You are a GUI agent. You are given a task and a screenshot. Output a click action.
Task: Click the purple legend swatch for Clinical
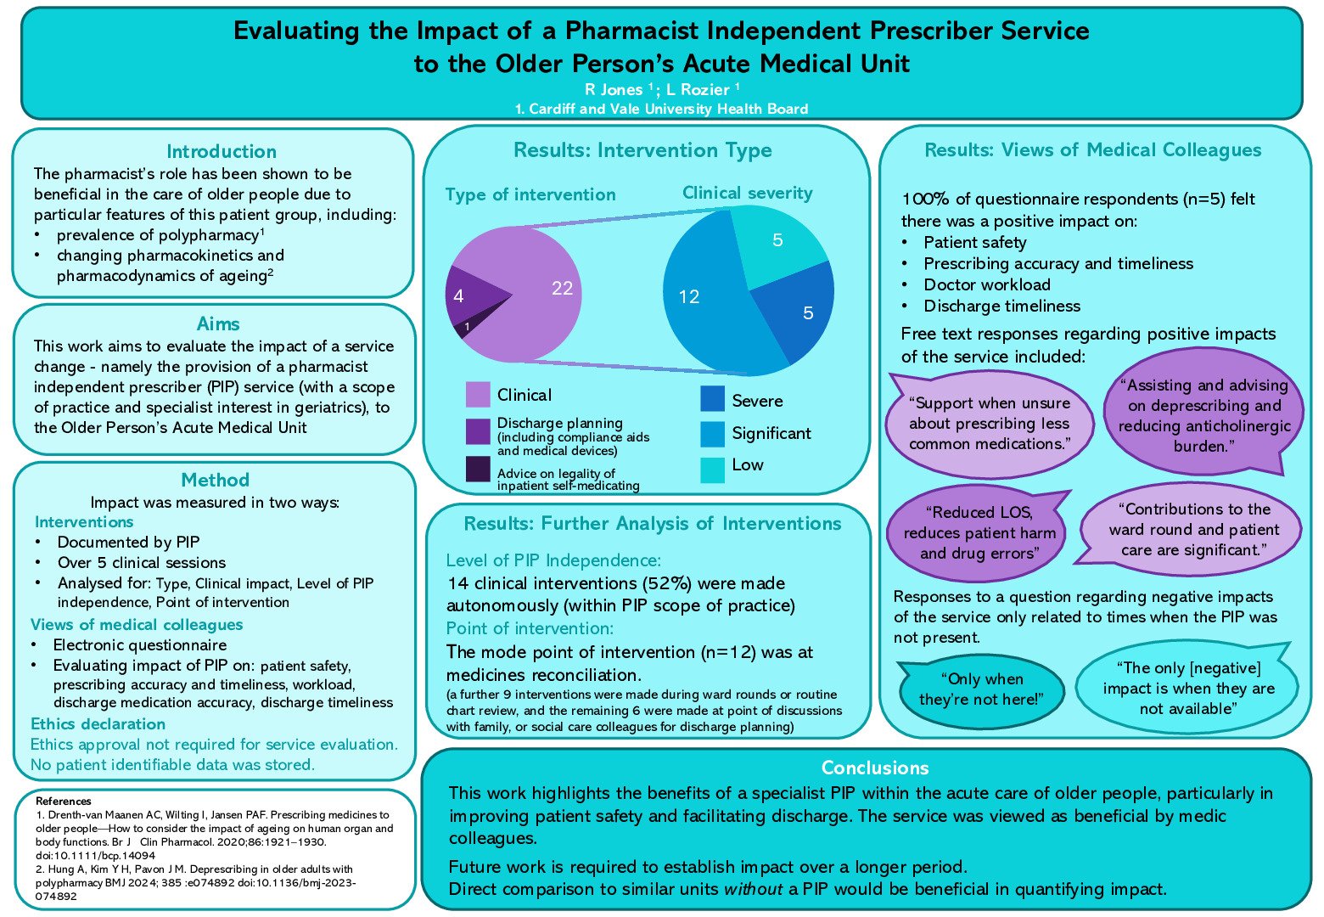(478, 395)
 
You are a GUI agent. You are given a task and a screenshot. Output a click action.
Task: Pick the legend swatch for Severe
(712, 400)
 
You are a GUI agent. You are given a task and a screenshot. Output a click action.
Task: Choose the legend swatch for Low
(712, 470)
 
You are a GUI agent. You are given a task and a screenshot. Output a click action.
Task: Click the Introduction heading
(222, 152)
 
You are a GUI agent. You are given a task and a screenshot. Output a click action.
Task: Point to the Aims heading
(218, 324)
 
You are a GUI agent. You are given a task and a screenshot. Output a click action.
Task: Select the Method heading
(216, 481)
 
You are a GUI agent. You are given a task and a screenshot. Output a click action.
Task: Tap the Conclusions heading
(875, 768)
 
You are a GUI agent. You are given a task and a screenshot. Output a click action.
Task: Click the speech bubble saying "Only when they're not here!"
(981, 689)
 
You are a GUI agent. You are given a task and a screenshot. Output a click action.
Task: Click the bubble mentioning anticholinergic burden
(1203, 415)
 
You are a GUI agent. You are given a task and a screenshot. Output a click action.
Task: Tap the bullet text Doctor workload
(986, 285)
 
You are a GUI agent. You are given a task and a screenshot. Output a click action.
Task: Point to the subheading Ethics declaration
(98, 724)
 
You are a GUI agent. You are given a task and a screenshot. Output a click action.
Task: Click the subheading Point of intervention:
(529, 629)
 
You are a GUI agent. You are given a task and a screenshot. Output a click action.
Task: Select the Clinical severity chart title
(747, 194)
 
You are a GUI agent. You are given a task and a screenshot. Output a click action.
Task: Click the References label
(64, 801)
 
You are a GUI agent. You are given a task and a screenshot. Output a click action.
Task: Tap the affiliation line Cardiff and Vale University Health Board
(661, 109)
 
